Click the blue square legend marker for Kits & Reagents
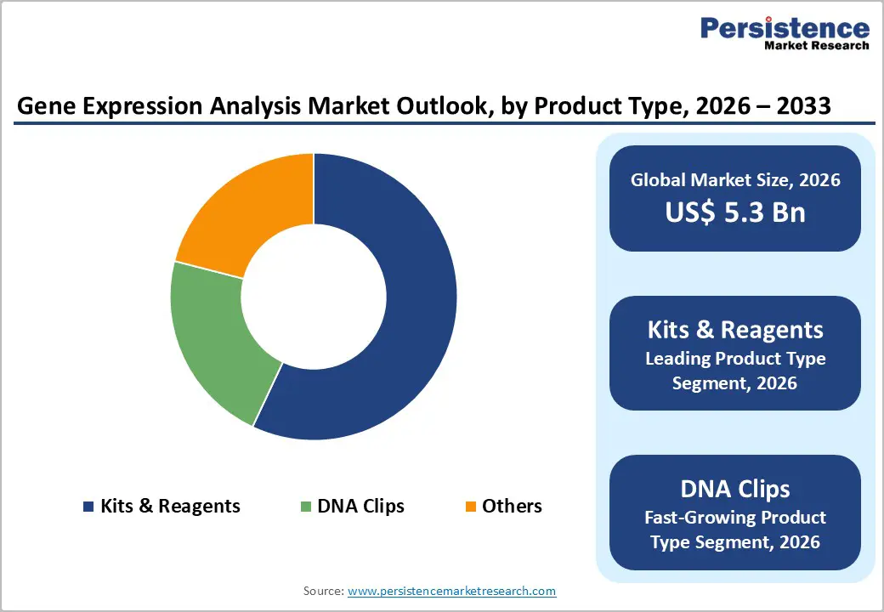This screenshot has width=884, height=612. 88,507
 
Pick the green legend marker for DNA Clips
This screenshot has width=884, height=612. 305,507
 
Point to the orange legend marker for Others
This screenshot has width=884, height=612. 470,507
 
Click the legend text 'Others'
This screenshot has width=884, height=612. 512,507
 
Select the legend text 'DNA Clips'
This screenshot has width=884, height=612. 360,507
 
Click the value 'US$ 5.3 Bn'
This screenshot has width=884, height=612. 735,212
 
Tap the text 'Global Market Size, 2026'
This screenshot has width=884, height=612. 735,180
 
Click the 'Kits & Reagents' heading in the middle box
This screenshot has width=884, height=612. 735,330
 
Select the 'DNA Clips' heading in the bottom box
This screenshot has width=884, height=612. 735,489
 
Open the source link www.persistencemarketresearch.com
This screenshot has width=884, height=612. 451,591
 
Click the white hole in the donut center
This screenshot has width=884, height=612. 314,297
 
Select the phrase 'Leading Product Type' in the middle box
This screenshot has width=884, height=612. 735,359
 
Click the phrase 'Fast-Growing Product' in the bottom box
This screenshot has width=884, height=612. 735,517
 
